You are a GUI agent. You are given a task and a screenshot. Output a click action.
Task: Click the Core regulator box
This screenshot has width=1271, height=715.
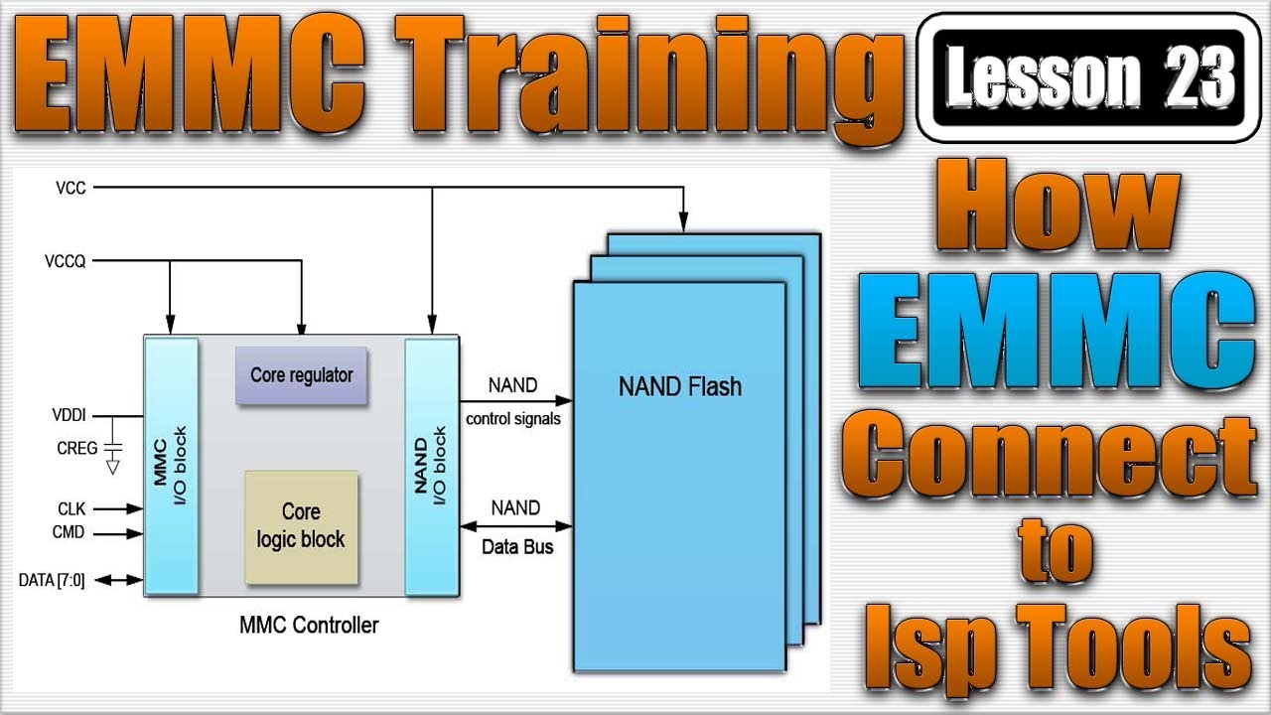tap(301, 375)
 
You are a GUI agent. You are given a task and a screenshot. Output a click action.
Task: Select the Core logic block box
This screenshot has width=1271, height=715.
tap(301, 526)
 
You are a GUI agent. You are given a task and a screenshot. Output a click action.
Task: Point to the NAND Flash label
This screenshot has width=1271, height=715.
tap(679, 386)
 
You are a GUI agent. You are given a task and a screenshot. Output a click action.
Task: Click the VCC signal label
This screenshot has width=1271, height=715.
tap(72, 187)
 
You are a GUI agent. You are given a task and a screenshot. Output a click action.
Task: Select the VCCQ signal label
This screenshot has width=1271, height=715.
tap(66, 261)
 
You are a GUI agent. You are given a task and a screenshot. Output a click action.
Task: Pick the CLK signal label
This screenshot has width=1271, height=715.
tap(71, 508)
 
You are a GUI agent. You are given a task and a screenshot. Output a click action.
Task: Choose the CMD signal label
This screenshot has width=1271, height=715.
tap(69, 533)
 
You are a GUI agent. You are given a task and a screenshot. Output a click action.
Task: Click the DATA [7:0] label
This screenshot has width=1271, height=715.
tap(52, 580)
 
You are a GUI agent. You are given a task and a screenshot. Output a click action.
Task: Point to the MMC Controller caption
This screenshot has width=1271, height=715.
tap(309, 626)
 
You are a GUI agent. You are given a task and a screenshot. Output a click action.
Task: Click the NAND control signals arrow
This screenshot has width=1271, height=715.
tap(516, 400)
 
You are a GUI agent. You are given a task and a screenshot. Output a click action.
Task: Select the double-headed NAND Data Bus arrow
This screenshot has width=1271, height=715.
tap(516, 525)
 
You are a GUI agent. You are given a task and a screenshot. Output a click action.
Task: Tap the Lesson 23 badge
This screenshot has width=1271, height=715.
tap(1088, 77)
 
